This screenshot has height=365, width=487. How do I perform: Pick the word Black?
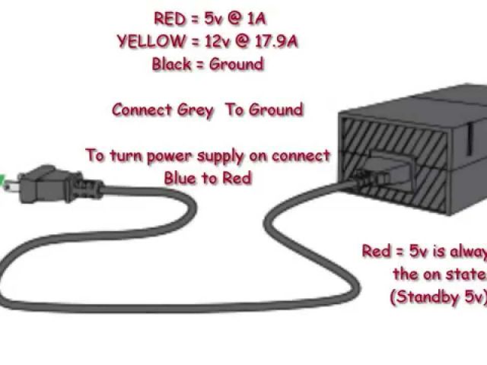(x=172, y=65)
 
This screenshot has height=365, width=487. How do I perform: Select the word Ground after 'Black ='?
(x=236, y=65)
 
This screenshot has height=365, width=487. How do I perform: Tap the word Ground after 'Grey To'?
(x=275, y=110)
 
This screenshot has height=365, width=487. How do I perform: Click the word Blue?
(x=180, y=179)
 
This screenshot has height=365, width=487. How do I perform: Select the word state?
(x=466, y=274)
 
